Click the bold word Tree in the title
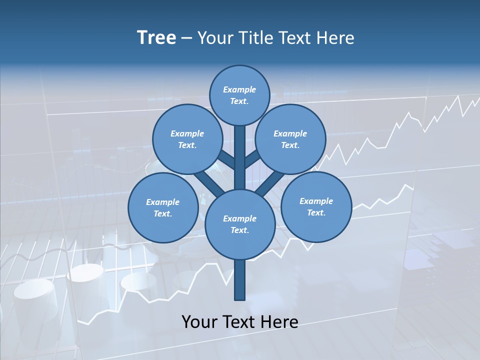coord(156,37)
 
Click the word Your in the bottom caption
coord(200,321)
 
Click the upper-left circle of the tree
coord(187,139)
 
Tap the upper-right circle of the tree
coord(290,139)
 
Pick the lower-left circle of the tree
coord(163,207)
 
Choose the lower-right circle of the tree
coord(316,206)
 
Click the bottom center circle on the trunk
coord(240,224)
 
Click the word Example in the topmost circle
coord(239,89)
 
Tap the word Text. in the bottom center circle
coord(239,230)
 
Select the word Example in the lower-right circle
coord(316,201)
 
